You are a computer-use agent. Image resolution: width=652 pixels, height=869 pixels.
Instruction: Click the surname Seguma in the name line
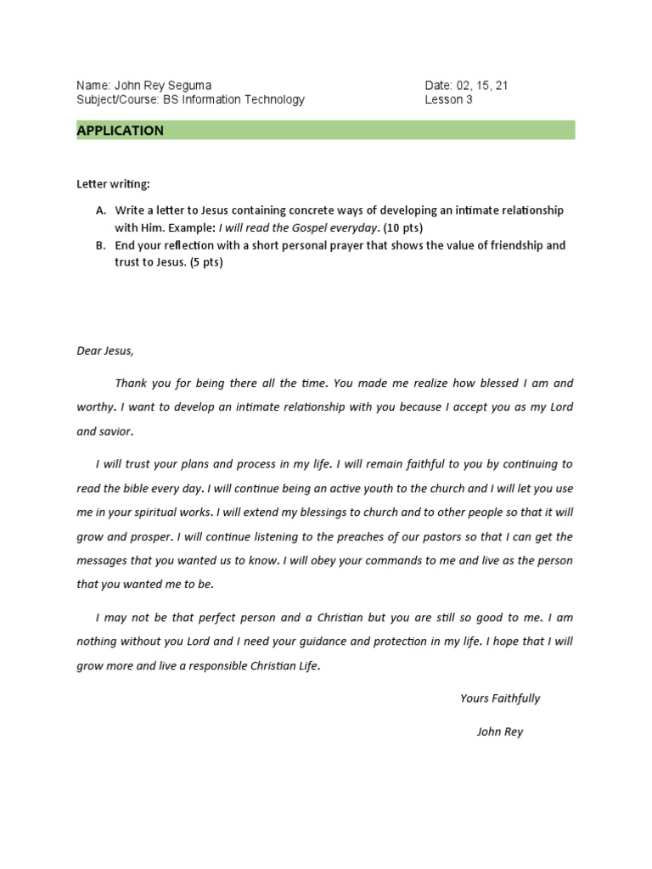coord(189,86)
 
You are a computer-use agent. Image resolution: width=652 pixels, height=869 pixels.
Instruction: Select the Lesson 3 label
coord(449,99)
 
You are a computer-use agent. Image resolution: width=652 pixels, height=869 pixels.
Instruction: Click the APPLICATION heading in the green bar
coord(120,131)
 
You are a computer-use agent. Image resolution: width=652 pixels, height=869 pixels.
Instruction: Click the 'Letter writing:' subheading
coord(113,184)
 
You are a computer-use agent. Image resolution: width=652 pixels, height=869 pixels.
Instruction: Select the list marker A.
coord(100,210)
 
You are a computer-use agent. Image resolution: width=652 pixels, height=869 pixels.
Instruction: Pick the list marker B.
coord(100,245)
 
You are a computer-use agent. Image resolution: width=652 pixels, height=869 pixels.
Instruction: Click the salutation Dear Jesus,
coord(105,350)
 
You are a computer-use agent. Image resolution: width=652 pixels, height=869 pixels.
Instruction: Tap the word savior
coord(116,432)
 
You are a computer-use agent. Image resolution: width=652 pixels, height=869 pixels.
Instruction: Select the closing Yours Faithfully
coord(500,698)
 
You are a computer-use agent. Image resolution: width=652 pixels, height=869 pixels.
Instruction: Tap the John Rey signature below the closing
coord(500,732)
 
